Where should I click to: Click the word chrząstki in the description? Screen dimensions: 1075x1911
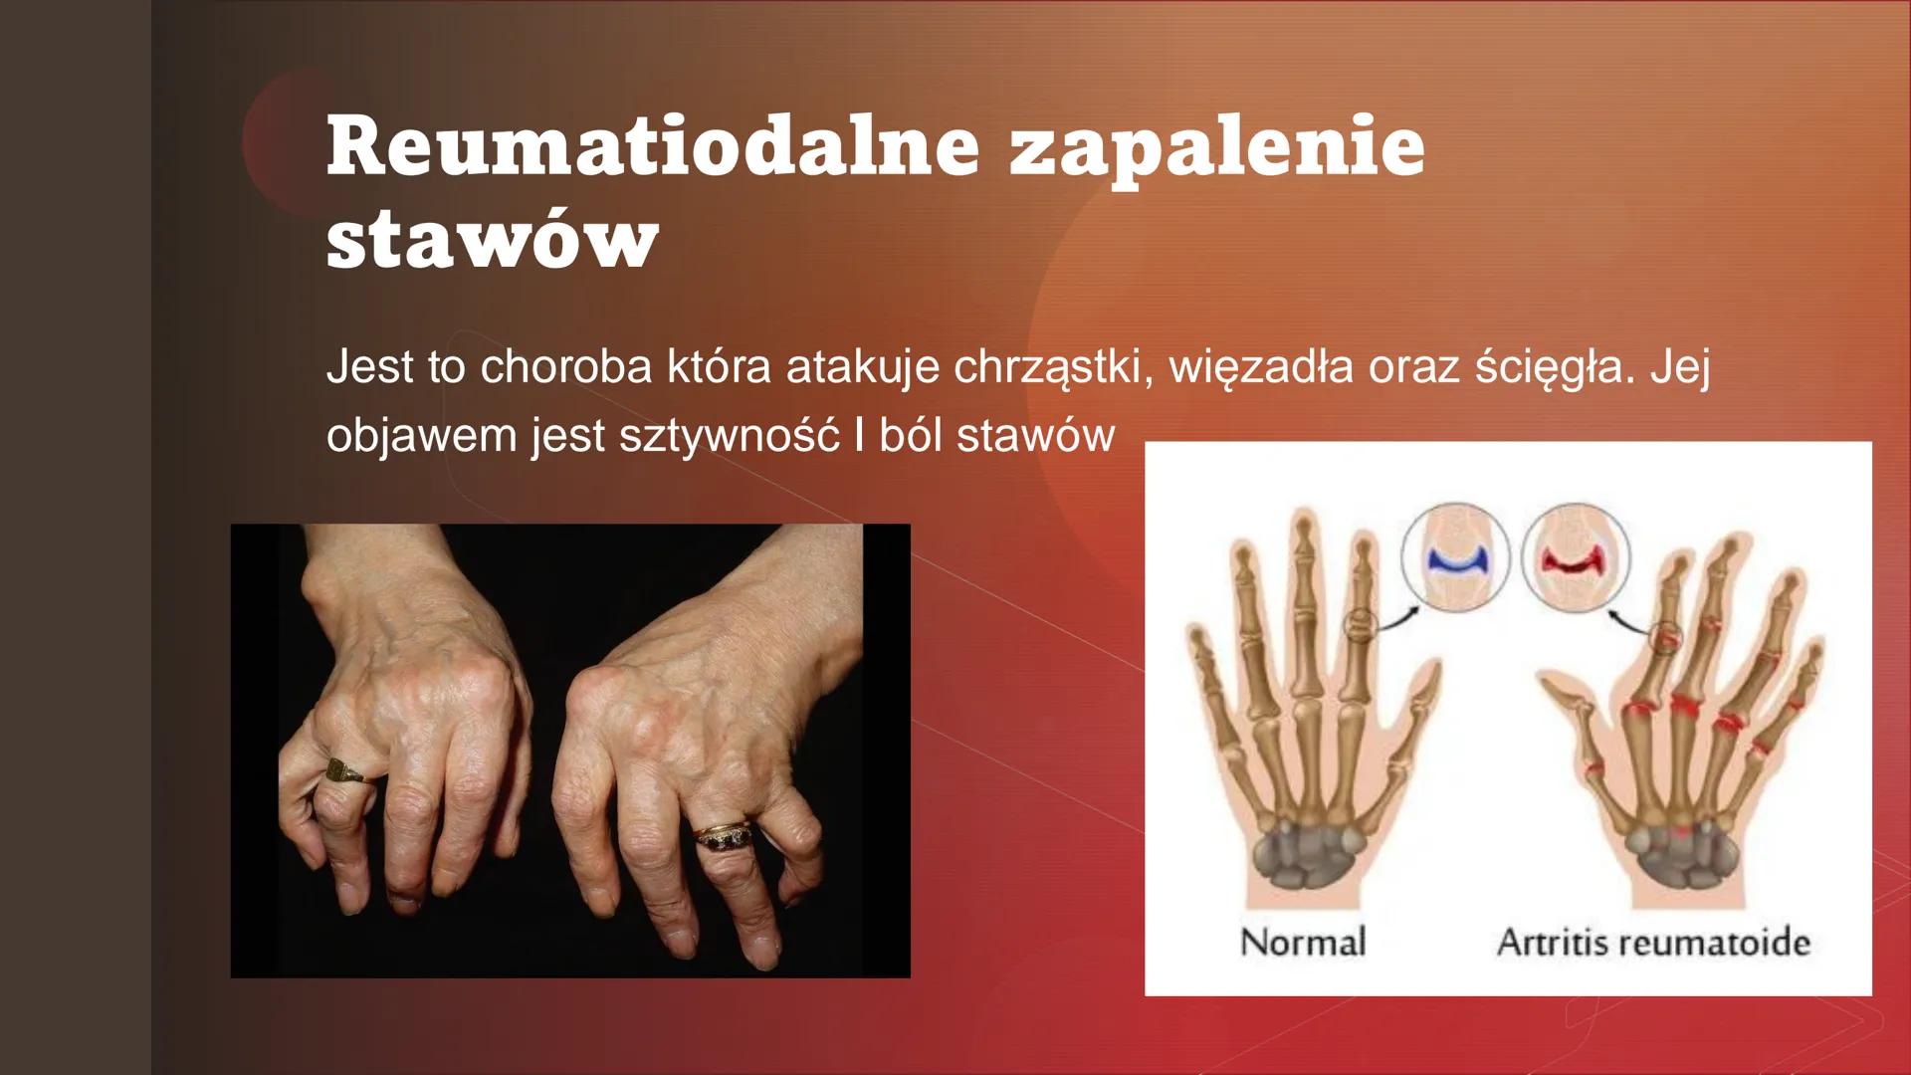1053,368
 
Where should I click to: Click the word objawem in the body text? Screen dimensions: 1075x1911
423,436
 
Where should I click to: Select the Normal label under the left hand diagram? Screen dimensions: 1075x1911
1303,942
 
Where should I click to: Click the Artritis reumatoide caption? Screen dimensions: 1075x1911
1652,942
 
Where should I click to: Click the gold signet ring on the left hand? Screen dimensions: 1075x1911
344,770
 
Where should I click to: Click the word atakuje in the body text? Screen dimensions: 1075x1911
862,368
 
